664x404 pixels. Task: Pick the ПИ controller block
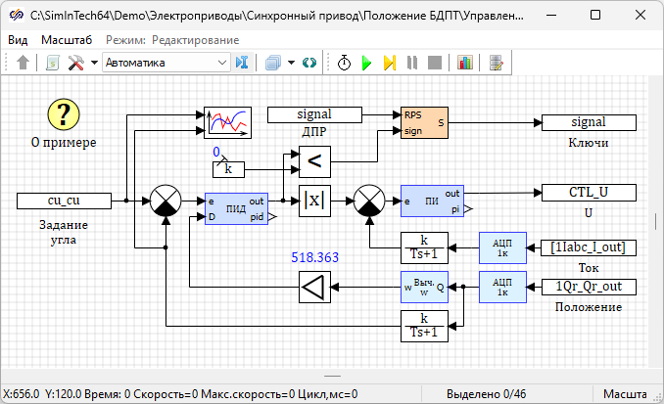tap(432, 201)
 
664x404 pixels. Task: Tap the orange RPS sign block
tap(424, 122)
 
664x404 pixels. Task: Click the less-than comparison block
tap(314, 160)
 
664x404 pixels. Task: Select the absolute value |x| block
tap(314, 201)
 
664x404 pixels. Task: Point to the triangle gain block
tap(315, 288)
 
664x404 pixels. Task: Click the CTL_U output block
tap(588, 192)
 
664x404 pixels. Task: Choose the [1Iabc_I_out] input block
tap(588, 247)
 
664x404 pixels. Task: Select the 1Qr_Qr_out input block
tap(588, 287)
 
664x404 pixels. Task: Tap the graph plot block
tap(227, 122)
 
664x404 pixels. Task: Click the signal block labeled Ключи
tap(588, 122)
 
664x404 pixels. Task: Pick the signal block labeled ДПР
tap(314, 114)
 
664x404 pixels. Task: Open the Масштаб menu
tap(67, 39)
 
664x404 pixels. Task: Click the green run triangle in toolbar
tap(367, 63)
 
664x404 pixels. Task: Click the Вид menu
tap(18, 39)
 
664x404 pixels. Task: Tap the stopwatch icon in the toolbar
tap(345, 63)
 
